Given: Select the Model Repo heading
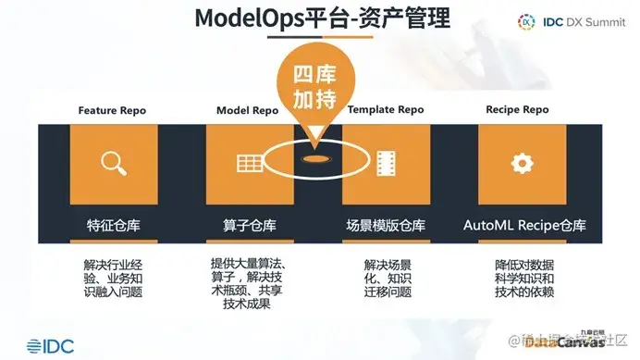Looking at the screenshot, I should coord(247,110).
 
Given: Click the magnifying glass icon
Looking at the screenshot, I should coord(114,164).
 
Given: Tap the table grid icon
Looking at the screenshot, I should coord(247,164).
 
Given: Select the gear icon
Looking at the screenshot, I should coord(523,164).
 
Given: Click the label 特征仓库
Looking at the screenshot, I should coord(112,224).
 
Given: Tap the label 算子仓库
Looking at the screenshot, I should coord(248,224).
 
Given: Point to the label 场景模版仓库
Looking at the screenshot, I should coord(385,224).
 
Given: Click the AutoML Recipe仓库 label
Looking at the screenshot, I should coord(524,224).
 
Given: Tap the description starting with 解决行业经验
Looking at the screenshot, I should coord(113,279).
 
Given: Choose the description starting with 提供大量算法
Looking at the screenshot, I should coord(248,278).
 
